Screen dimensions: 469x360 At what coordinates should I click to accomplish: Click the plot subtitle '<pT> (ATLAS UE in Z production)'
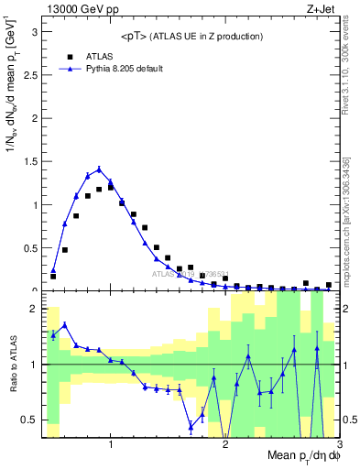(x=191, y=36)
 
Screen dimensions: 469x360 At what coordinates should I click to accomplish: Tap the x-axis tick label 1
(x=111, y=445)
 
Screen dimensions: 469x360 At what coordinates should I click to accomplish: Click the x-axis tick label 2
(x=225, y=445)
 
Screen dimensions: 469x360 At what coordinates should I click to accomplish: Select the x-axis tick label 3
(x=339, y=445)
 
